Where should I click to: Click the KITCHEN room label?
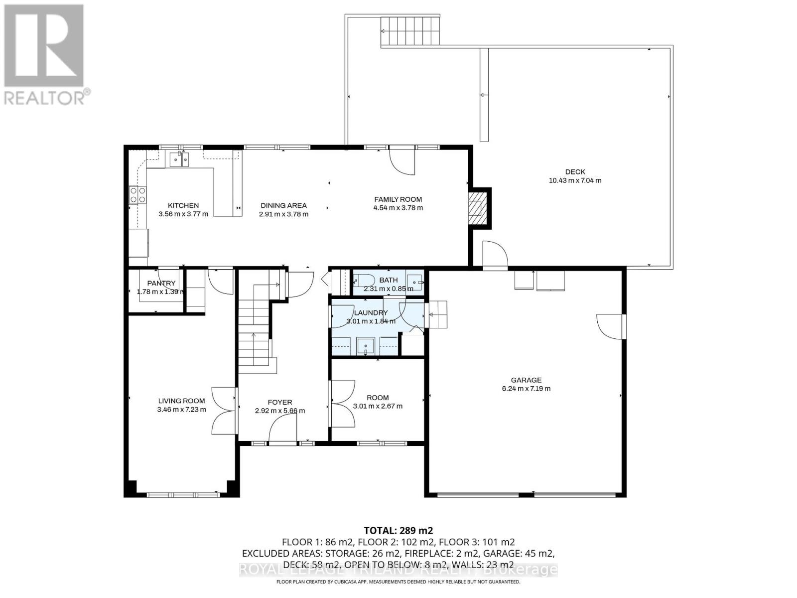[183, 205]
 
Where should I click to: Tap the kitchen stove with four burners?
[137, 194]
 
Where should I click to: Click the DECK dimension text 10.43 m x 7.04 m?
[575, 180]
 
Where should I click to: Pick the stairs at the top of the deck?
[410, 31]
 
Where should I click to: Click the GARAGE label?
[526, 380]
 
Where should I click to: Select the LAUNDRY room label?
[371, 312]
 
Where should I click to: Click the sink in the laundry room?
[366, 345]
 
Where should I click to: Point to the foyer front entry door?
[282, 430]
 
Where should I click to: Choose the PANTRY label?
[161, 283]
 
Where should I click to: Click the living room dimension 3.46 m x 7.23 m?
[181, 410]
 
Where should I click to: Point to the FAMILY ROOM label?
[398, 199]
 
